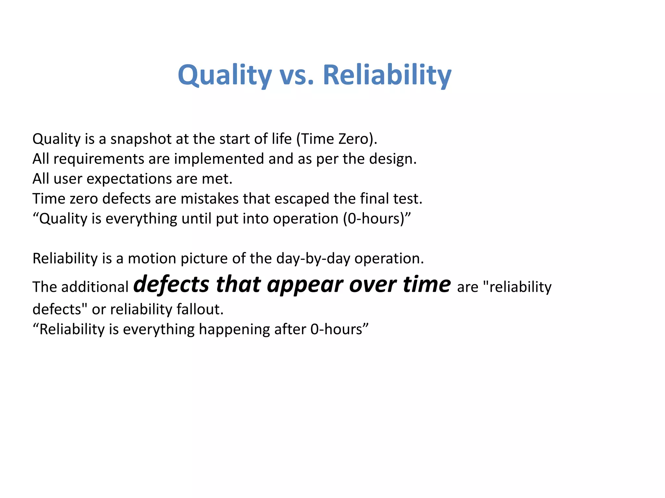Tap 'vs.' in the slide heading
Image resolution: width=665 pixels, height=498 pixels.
click(296, 75)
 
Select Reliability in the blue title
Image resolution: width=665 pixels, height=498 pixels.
click(387, 75)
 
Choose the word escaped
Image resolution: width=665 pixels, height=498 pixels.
click(302, 199)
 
